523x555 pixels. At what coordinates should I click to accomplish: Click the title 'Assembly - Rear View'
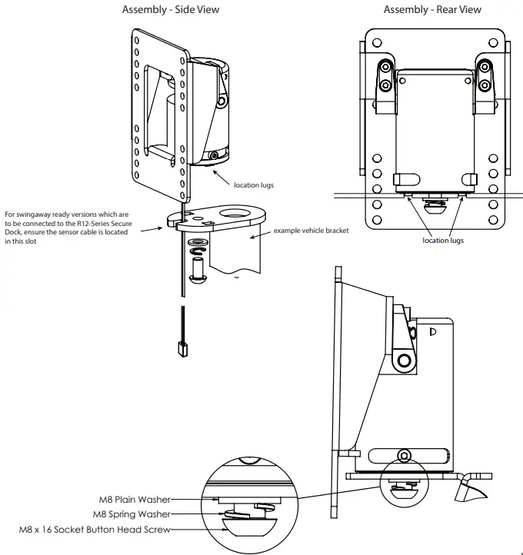click(x=432, y=10)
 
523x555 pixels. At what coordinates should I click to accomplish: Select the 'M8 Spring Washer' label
click(x=132, y=514)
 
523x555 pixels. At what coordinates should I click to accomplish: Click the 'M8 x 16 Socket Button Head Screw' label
click(x=95, y=530)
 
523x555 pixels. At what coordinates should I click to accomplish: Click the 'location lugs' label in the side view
click(x=254, y=184)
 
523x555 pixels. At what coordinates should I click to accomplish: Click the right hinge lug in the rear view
click(x=483, y=81)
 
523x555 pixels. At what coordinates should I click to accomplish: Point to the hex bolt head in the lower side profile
click(x=405, y=457)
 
